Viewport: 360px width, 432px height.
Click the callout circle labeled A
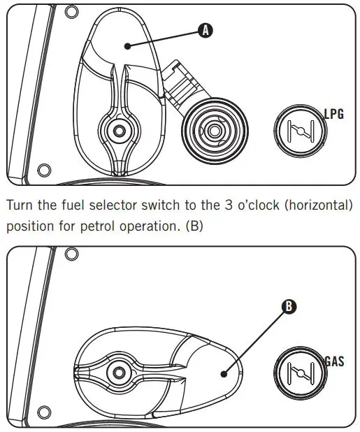coord(205,30)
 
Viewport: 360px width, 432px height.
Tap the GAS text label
coord(334,363)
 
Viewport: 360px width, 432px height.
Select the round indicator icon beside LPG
coord(298,131)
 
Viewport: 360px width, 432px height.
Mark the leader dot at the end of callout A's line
coord(127,46)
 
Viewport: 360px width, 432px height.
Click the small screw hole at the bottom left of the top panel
coord(43,170)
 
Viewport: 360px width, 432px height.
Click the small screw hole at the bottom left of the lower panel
coord(43,417)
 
